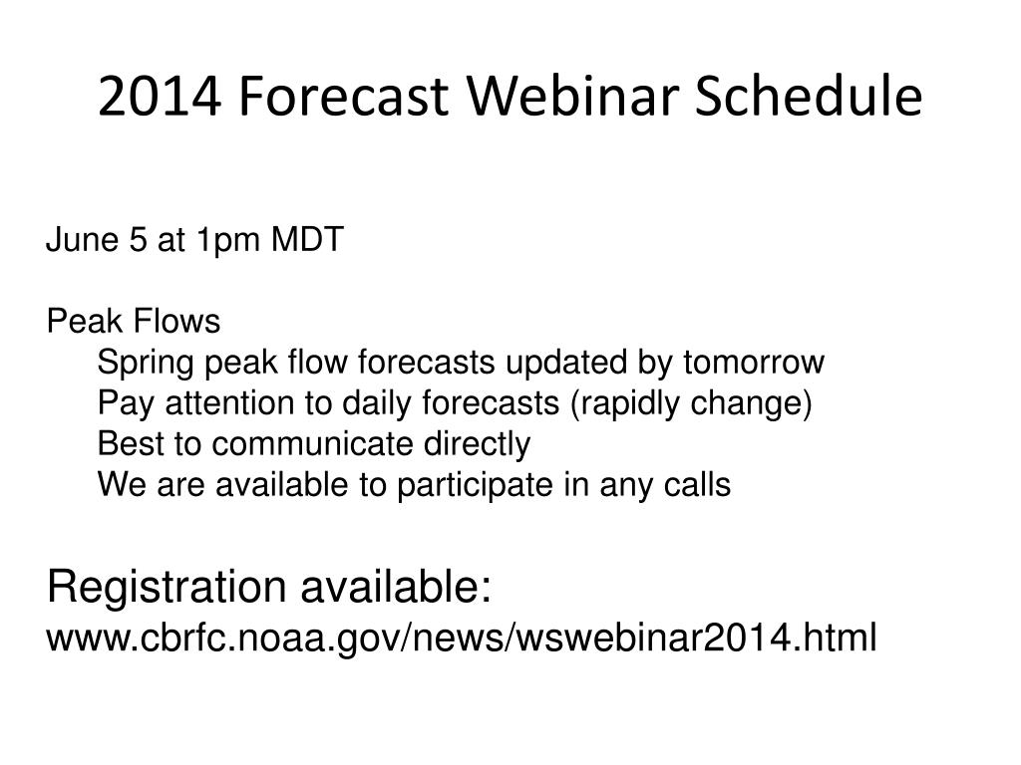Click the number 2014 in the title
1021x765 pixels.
(x=160, y=97)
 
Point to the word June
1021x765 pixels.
(x=83, y=239)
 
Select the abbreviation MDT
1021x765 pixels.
(x=307, y=239)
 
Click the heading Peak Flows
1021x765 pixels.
(x=134, y=321)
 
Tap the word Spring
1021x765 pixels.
(x=146, y=363)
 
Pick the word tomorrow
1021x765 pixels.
(x=754, y=363)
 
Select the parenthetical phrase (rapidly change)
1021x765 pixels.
(x=692, y=404)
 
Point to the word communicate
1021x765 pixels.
(x=312, y=443)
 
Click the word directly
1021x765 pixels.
(x=478, y=445)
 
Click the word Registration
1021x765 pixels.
(x=167, y=587)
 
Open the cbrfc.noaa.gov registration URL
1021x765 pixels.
(x=462, y=637)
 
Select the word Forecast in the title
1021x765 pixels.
(x=344, y=97)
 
